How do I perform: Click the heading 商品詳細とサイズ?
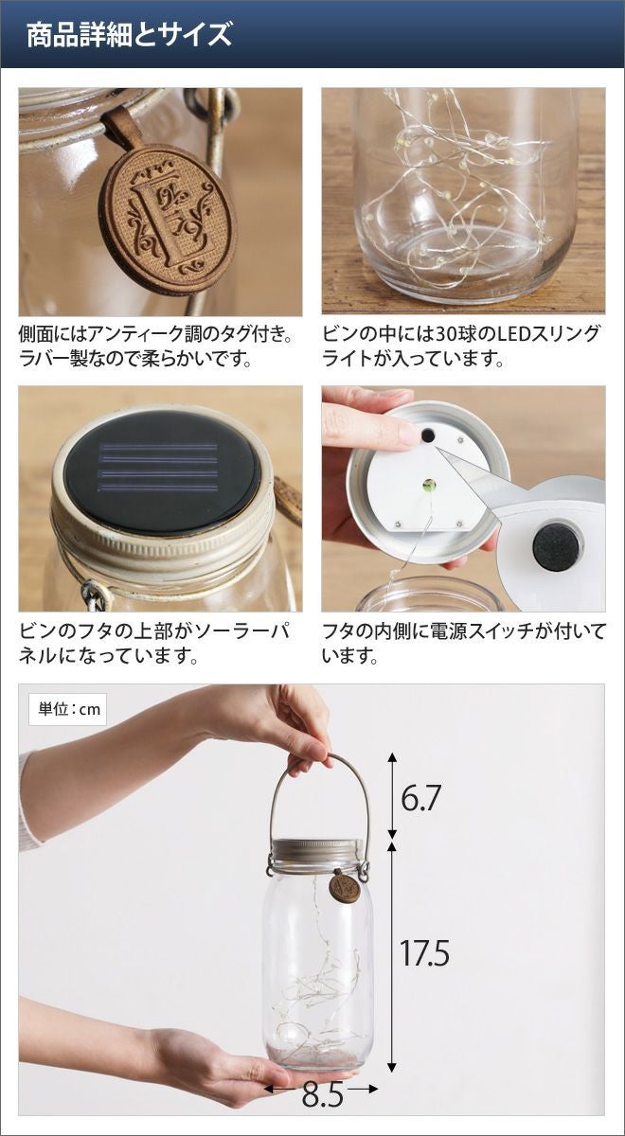[x=129, y=34]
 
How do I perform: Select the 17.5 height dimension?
[x=424, y=939]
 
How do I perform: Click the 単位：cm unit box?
[x=69, y=709]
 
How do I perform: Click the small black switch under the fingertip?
[x=428, y=435]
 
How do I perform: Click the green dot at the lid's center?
[x=429, y=486]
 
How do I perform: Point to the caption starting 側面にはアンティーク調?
[x=156, y=346]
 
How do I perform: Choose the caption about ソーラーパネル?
[x=154, y=644]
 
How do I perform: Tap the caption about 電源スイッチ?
[x=464, y=644]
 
